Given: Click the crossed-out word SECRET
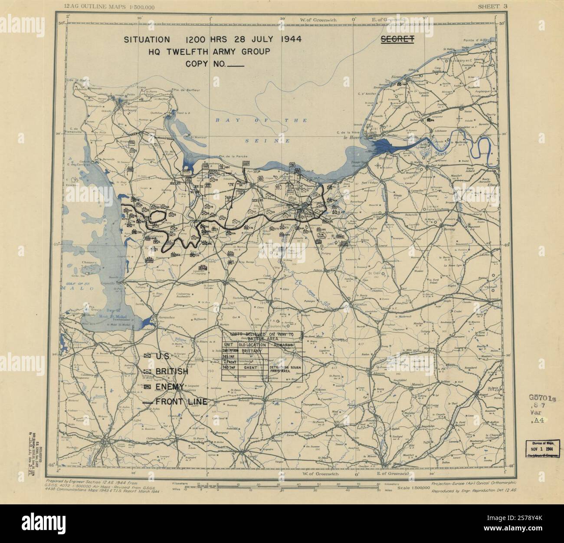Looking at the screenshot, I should pyautogui.click(x=397, y=39).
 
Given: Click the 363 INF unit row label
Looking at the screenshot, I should pyautogui.click(x=230, y=367).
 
